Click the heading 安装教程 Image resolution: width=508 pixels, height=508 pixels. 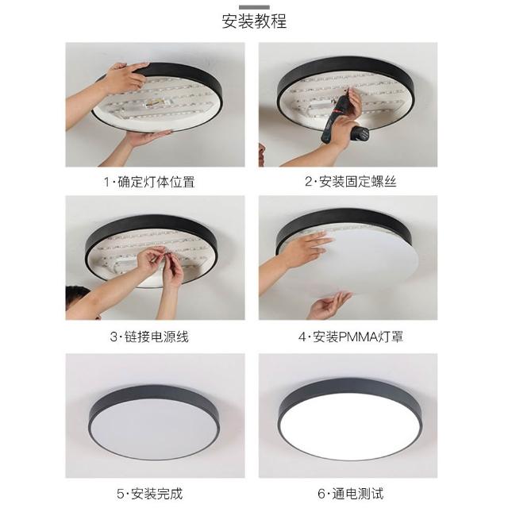(254, 21)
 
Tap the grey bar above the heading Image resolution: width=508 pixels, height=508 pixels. (254, 7)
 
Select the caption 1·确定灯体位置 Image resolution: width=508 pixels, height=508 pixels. (149, 182)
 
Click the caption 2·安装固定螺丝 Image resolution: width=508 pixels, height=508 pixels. (351, 182)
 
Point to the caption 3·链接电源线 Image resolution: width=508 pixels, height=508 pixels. (149, 337)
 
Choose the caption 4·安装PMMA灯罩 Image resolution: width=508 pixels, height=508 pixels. (351, 337)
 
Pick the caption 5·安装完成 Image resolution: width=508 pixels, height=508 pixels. (150, 494)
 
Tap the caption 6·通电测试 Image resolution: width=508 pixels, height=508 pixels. (351, 494)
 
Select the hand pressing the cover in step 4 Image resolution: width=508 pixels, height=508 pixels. (308, 249)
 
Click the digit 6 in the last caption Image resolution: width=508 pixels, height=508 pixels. (321, 494)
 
